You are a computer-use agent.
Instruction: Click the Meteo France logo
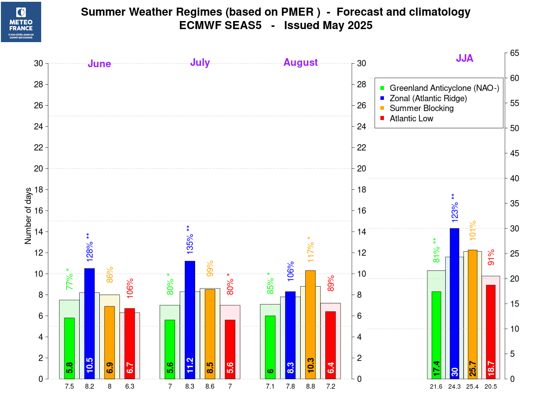21,22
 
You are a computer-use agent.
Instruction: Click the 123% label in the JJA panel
455,209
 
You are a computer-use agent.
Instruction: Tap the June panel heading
99,64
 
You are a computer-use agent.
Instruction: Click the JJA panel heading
465,58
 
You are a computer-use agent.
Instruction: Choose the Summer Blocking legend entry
421,108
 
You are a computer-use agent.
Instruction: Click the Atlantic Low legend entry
411,119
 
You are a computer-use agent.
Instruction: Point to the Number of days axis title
28,221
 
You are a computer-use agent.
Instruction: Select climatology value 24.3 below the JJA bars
455,386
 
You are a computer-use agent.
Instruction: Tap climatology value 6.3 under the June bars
129,386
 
